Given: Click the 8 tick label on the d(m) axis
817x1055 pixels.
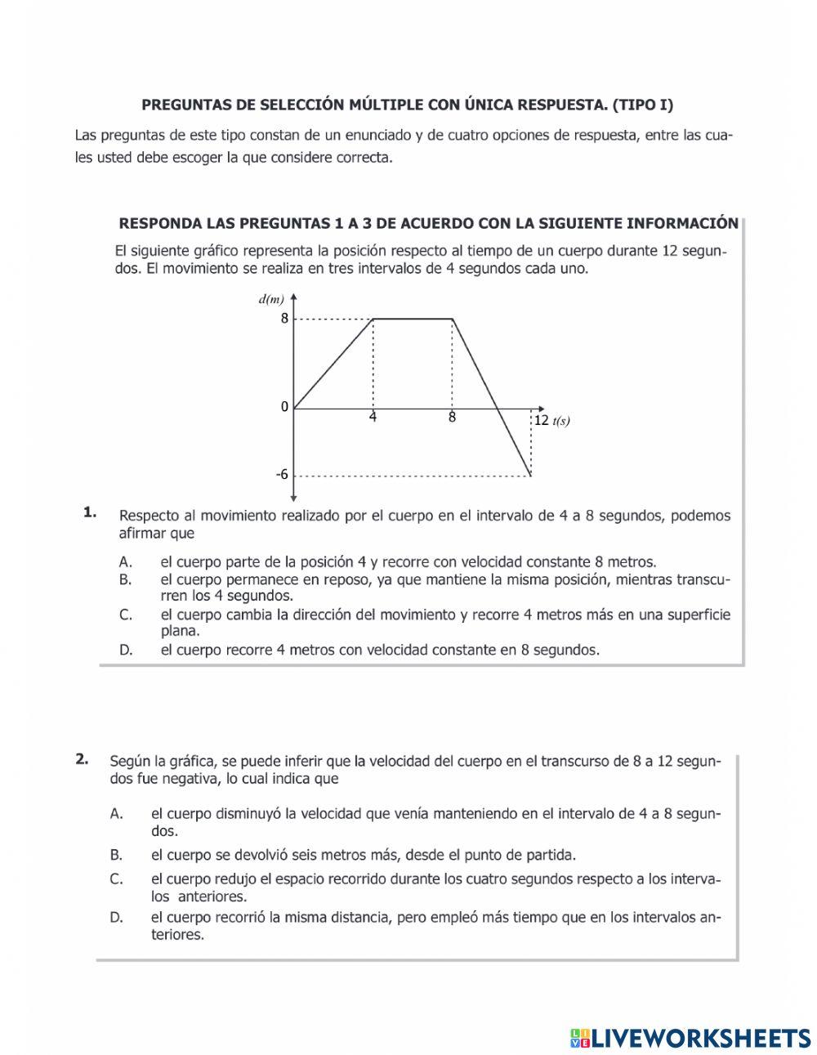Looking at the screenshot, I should (x=284, y=319).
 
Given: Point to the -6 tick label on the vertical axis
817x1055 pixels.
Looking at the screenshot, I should (x=281, y=475).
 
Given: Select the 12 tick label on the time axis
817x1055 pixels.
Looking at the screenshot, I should (x=541, y=421).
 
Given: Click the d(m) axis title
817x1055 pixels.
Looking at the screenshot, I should (x=271, y=299).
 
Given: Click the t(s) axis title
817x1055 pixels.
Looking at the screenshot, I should (x=561, y=422).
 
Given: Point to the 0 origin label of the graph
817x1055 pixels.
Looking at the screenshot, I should (x=284, y=407).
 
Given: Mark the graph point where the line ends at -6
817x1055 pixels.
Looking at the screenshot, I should (x=531, y=475).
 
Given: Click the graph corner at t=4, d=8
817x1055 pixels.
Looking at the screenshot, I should (x=373, y=319).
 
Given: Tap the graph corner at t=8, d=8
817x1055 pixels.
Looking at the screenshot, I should (x=453, y=319).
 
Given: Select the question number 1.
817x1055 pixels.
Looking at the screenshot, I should (x=89, y=513).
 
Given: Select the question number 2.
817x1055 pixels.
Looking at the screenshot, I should (x=82, y=758).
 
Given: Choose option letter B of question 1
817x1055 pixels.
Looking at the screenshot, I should (x=125, y=579).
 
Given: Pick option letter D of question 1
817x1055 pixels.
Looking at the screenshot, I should (x=125, y=650).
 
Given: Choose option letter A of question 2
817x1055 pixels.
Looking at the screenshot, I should (x=116, y=814).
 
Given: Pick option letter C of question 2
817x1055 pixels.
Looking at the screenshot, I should (x=116, y=879).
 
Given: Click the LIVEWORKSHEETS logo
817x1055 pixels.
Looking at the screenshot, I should (x=690, y=1038).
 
